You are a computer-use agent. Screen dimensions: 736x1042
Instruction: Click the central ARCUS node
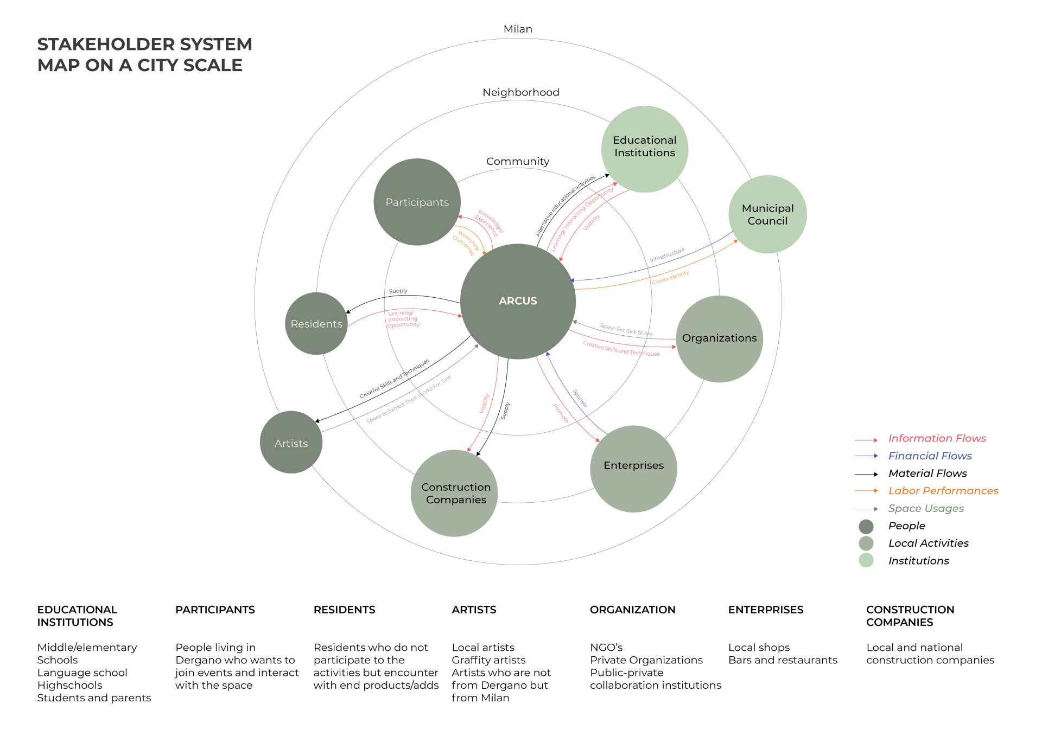tap(518, 301)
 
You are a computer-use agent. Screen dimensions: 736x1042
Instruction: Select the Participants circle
tap(417, 202)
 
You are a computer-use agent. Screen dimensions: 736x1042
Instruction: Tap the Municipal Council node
tap(767, 214)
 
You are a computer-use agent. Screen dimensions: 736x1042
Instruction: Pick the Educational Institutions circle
tap(644, 149)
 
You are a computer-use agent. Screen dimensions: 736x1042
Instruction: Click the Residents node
tap(316, 324)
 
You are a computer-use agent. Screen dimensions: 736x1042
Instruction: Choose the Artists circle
tap(291, 443)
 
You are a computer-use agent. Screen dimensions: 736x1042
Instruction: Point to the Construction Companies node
tap(455, 493)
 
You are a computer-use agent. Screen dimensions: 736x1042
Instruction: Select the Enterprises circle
tap(633, 469)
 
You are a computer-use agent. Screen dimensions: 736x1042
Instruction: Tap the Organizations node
tap(719, 338)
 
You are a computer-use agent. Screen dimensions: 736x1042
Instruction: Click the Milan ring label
tap(518, 29)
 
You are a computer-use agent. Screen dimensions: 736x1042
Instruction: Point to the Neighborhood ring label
tap(520, 92)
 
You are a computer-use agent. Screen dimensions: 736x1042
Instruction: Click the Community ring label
tap(518, 161)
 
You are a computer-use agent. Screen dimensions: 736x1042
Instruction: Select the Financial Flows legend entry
tap(930, 456)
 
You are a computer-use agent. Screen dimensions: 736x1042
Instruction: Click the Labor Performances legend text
tap(943, 491)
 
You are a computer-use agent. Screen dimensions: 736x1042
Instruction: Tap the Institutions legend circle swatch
tap(866, 560)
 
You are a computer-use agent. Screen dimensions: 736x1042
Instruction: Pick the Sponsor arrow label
tap(580, 398)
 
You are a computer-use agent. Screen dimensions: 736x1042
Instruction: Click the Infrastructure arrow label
tap(667, 255)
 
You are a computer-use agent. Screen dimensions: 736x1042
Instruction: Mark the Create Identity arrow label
tap(670, 277)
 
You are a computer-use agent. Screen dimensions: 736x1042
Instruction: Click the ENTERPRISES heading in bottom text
tap(765, 610)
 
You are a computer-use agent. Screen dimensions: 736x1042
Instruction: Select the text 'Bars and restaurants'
tap(783, 660)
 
